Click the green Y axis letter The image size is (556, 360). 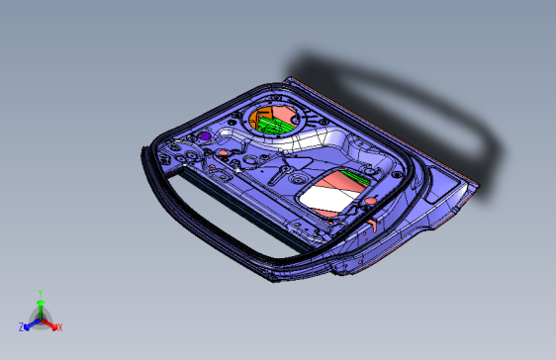pyautogui.click(x=40, y=293)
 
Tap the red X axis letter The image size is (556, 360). pyautogui.click(x=59, y=327)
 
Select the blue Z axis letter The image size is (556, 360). pyautogui.click(x=22, y=325)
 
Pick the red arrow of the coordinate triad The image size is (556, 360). pyautogui.click(x=50, y=322)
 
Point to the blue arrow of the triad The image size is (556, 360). pyautogui.click(x=31, y=322)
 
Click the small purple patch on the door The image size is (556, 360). pyautogui.click(x=205, y=135)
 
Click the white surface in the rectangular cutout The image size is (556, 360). pyautogui.click(x=326, y=198)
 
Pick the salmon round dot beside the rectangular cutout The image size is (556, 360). pyautogui.click(x=371, y=201)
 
